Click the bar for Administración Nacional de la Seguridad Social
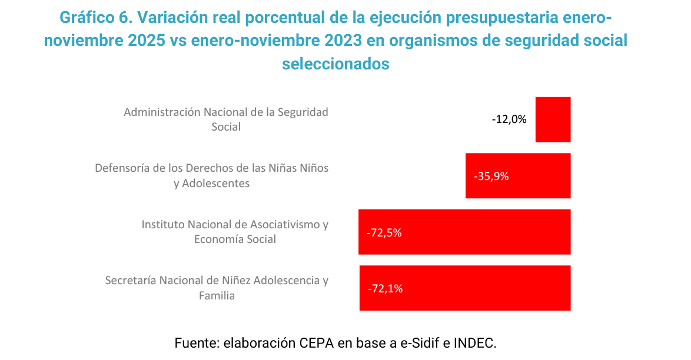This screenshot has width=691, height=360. [x=553, y=119]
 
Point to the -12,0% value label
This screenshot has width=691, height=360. [x=509, y=119]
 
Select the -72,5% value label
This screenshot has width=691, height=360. [x=384, y=232]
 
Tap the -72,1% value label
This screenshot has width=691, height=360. [x=385, y=289]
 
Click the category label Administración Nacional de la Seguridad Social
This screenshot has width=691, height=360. [x=226, y=119]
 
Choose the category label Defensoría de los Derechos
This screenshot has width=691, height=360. [x=212, y=175]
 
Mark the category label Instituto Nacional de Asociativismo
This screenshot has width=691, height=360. [x=235, y=232]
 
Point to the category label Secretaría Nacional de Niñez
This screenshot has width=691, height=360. [x=217, y=288]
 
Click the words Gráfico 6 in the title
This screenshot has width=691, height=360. [x=95, y=18]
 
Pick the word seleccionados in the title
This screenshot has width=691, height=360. [x=335, y=64]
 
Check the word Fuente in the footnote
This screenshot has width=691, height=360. [x=196, y=342]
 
